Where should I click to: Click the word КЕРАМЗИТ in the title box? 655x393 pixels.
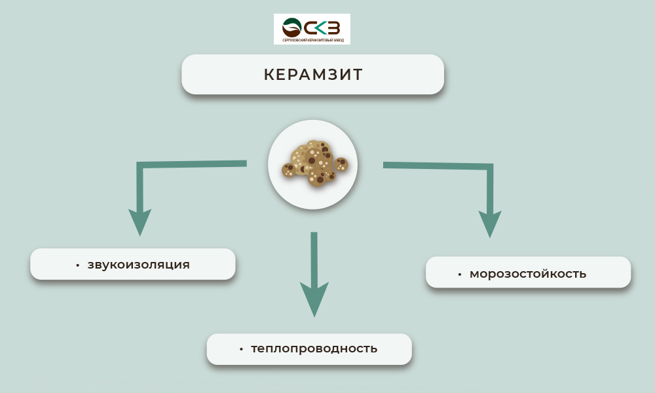click(x=313, y=75)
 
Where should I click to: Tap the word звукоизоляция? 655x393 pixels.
click(x=138, y=265)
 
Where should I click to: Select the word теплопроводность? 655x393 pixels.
click(x=314, y=348)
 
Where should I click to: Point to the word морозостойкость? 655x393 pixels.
click(x=528, y=274)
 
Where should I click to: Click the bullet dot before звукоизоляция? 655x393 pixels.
click(x=77, y=265)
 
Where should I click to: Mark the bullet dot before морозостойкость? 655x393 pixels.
click(x=460, y=274)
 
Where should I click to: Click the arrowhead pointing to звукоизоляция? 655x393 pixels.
click(x=140, y=221)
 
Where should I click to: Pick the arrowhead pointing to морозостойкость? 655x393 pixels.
click(x=490, y=223)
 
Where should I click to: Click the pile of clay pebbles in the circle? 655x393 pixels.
click(x=311, y=162)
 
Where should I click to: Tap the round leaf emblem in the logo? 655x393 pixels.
click(x=291, y=28)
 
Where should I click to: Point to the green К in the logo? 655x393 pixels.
click(x=319, y=28)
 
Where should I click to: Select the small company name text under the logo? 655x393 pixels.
click(x=312, y=41)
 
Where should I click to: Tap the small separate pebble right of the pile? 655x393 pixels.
click(x=341, y=164)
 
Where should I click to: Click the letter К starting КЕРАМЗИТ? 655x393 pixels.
click(x=269, y=75)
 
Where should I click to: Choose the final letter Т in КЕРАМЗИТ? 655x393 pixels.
click(x=357, y=75)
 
